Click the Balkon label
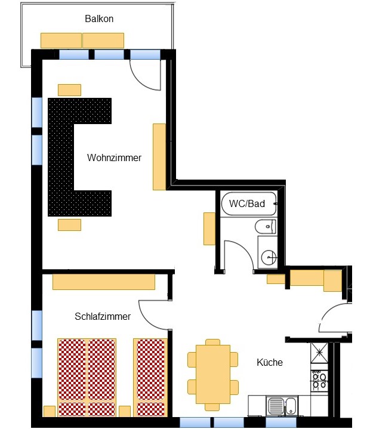coord(99,18)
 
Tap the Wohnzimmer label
coord(114,158)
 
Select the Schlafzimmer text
coord(103,316)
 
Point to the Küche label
coord(270,362)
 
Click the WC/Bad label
coord(247,203)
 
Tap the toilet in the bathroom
coord(265,227)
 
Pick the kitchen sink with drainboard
coord(282,406)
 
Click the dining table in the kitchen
coord(213,374)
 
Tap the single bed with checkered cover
coord(150,377)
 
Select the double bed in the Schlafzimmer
coord(87,377)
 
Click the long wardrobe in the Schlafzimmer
coord(104,282)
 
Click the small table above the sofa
coord(69,90)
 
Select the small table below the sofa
coord(69,225)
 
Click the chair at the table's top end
coord(213,342)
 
